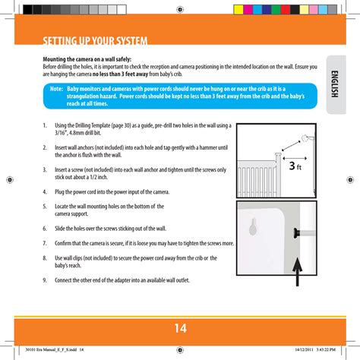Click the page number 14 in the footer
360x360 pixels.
[181, 328]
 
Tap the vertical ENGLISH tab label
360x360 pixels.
[334, 84]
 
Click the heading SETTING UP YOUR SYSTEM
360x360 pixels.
[95, 41]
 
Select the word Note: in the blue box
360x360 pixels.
[56, 89]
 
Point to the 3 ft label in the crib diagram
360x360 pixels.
[295, 166]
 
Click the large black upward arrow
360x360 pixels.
[298, 272]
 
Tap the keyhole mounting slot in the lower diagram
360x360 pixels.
[253, 227]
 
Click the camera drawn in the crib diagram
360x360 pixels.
[307, 138]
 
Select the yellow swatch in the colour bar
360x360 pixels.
[238, 10]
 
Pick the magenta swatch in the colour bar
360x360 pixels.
[248, 10]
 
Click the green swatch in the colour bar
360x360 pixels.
[276, 10]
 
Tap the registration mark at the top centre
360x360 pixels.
[180, 10]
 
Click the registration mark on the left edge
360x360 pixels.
[10, 180]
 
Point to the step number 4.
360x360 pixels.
[45, 192]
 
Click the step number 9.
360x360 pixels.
[45, 280]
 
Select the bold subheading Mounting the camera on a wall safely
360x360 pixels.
[87, 59]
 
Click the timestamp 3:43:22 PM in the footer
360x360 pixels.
[326, 349]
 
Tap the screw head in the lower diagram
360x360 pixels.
[295, 233]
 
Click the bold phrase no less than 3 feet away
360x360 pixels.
[120, 74]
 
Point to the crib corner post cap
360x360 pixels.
[278, 154]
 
